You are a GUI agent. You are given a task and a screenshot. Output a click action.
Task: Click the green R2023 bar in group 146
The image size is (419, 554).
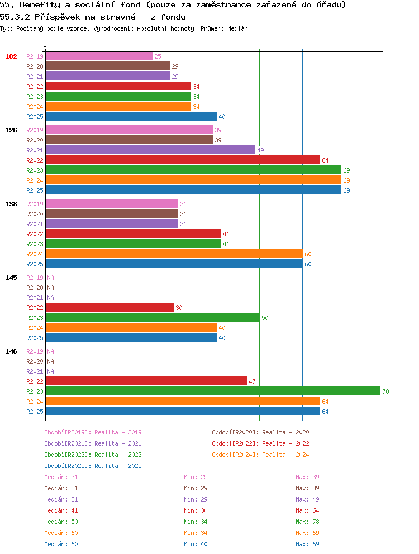click(213, 391)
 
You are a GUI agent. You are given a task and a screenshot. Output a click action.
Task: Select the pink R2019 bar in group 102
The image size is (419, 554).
click(99, 56)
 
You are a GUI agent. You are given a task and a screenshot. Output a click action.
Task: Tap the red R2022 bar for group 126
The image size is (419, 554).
click(183, 160)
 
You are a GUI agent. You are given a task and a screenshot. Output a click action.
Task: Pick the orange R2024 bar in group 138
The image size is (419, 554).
click(174, 254)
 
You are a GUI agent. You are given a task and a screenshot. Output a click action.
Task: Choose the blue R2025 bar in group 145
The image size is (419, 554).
click(131, 337)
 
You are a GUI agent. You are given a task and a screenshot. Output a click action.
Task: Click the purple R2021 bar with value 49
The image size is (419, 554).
click(151, 150)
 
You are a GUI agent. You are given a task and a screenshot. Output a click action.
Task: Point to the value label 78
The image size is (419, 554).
click(385, 391)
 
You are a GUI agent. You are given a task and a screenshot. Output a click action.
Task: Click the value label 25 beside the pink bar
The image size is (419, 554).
click(158, 56)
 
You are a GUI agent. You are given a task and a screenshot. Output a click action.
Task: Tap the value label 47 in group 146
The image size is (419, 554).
click(252, 381)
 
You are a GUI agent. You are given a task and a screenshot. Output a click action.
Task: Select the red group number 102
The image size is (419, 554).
click(11, 56)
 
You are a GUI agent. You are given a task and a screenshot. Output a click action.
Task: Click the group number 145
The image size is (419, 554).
click(11, 278)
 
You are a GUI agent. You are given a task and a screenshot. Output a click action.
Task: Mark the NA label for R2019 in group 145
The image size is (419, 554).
click(51, 278)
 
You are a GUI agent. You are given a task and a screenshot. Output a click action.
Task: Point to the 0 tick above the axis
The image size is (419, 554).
click(45, 45)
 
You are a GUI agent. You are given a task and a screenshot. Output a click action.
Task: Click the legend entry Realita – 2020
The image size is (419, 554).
click(285, 432)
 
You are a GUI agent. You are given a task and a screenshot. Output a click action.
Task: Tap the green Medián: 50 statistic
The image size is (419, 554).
click(61, 522)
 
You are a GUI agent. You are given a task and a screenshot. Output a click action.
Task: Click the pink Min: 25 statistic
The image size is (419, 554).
click(196, 477)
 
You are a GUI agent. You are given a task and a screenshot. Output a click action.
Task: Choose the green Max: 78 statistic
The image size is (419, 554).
click(307, 522)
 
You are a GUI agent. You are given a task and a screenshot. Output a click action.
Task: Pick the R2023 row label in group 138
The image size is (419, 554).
click(35, 244)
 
